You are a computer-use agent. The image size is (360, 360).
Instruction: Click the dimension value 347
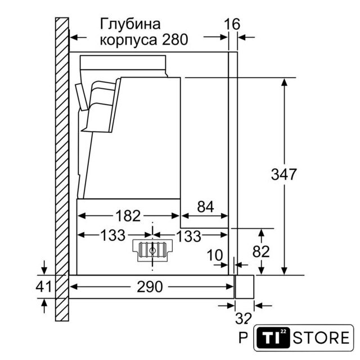283,174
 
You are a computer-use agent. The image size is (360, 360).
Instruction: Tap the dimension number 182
128,216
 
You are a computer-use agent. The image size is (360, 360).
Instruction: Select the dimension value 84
205,206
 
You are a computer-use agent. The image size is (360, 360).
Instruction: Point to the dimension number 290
150,287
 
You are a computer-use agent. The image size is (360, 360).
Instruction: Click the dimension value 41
44,286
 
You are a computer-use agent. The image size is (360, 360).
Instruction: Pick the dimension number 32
244,318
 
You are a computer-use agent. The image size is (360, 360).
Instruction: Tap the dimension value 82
261,251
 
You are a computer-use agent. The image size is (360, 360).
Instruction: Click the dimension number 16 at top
232,24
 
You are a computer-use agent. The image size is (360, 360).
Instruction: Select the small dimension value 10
215,255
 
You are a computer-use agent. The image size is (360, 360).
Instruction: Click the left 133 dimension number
113,235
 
